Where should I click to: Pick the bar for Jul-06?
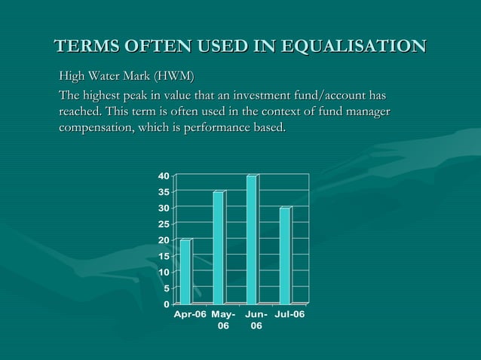coord(285,255)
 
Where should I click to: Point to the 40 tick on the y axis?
coord(163,176)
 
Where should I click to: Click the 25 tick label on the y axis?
coord(163,224)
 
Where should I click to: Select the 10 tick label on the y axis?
coord(163,272)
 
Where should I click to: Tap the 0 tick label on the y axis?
coord(166,304)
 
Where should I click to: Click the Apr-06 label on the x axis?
coord(190,314)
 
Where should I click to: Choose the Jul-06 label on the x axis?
coord(290,314)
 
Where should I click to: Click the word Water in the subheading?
coord(111,77)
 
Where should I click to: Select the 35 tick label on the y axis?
coord(163,192)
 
